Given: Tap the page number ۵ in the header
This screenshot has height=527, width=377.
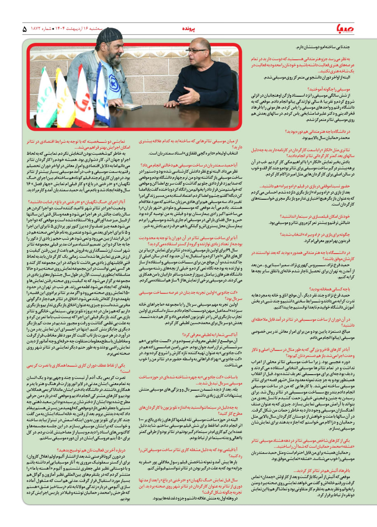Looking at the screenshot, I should click(x=24, y=30).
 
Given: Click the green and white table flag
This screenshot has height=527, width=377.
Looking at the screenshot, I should click(x=45, y=97).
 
